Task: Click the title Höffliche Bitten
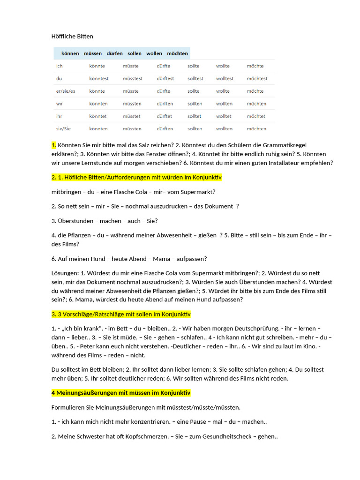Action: [x=72, y=36]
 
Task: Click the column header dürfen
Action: [x=114, y=53]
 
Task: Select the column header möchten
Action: [x=177, y=53]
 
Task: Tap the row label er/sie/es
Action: [x=65, y=91]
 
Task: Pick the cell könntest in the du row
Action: [x=98, y=79]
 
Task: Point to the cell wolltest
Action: [x=225, y=79]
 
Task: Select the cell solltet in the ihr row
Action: [x=195, y=116]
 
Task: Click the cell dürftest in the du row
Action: [x=165, y=79]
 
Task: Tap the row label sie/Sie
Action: [x=63, y=128]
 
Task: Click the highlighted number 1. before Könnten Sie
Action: [x=54, y=145]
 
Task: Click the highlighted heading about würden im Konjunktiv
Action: [x=136, y=178]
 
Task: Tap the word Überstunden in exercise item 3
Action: [x=77, y=221]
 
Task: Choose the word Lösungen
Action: [x=65, y=273]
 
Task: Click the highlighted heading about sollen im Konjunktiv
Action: [x=121, y=314]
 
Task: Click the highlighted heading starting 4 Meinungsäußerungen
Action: [x=121, y=392]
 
